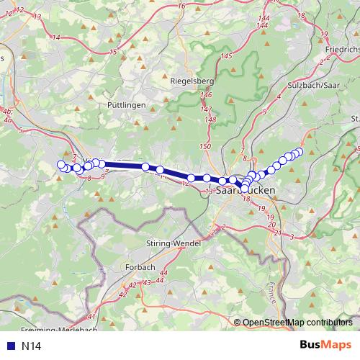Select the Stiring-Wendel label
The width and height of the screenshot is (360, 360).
(171, 243)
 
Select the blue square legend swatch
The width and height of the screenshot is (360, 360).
(10, 346)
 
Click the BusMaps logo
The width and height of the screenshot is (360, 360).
(325, 345)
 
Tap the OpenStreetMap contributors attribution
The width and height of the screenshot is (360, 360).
(297, 323)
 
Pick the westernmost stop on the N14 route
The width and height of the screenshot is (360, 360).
(61, 165)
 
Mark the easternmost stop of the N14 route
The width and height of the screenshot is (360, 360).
(300, 151)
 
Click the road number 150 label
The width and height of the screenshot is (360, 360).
(204, 146)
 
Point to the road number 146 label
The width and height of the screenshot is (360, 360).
(207, 95)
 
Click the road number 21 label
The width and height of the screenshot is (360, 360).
(276, 232)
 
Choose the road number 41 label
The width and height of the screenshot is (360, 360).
(91, 317)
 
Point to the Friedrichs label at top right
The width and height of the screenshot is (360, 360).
(341, 50)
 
